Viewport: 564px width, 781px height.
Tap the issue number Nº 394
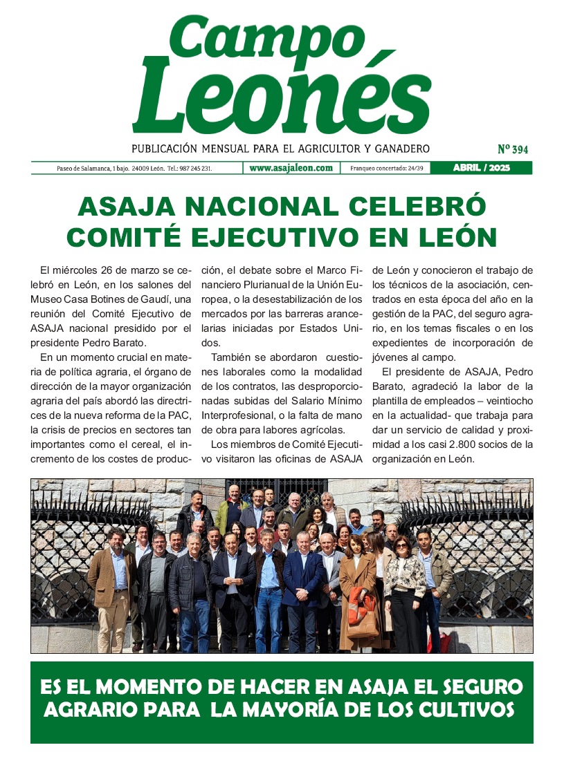[x=513, y=149]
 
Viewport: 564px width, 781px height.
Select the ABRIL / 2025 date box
[x=481, y=168]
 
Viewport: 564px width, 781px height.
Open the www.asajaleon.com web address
[x=291, y=168]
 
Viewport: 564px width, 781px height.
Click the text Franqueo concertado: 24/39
[x=387, y=169]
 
